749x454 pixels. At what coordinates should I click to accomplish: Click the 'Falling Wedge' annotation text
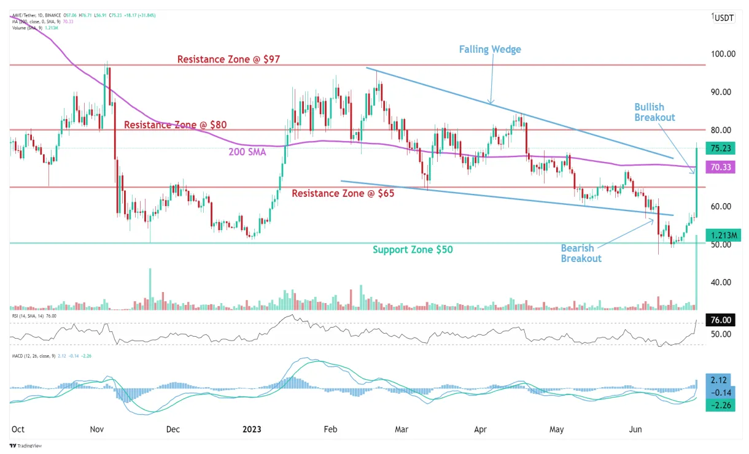[490, 49]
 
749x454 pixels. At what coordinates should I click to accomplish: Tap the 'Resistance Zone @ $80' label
[176, 125]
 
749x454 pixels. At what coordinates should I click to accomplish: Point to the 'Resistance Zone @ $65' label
[343, 193]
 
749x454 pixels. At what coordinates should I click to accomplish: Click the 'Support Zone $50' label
[413, 250]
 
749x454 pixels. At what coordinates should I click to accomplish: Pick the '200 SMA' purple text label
[247, 152]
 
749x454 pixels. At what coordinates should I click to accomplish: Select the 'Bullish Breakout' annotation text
[654, 112]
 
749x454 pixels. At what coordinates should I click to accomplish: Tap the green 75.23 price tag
[720, 148]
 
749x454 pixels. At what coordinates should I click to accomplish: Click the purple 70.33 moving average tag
[720, 166]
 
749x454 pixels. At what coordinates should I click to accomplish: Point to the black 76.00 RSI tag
[720, 320]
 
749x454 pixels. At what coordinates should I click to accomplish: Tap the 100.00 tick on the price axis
[723, 54]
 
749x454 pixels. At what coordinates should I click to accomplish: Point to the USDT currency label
[724, 18]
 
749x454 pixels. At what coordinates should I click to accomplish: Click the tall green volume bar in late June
[696, 276]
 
